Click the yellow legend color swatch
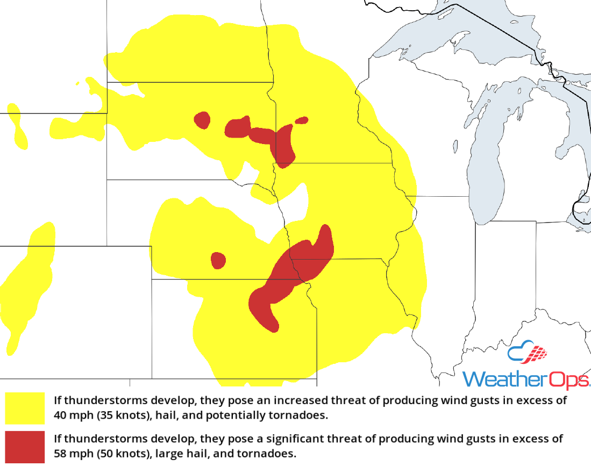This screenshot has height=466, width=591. (25, 408)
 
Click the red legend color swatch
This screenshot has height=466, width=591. (25, 446)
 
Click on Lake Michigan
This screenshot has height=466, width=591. (487, 161)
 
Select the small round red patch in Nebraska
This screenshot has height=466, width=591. (218, 261)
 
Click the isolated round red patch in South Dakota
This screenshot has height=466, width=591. (202, 120)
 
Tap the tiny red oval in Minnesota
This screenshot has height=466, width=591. (302, 120)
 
